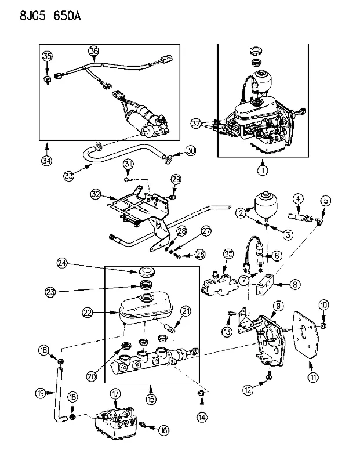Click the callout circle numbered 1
click(263, 170)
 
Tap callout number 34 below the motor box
click(46, 161)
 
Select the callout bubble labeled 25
click(228, 254)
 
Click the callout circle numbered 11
click(313, 377)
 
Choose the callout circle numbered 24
click(63, 263)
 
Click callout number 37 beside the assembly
click(196, 124)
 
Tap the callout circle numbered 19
click(41, 393)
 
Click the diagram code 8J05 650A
click(50, 16)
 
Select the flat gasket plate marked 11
click(306, 335)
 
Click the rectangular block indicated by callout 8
click(266, 284)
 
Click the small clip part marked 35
click(47, 79)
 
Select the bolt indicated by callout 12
click(269, 375)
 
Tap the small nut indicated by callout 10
click(323, 326)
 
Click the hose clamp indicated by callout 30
click(168, 159)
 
